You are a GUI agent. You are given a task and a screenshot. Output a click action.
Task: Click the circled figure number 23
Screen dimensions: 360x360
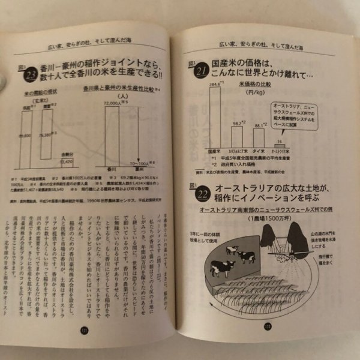point(31,74)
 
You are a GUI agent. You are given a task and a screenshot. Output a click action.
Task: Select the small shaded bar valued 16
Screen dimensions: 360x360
point(281,145)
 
